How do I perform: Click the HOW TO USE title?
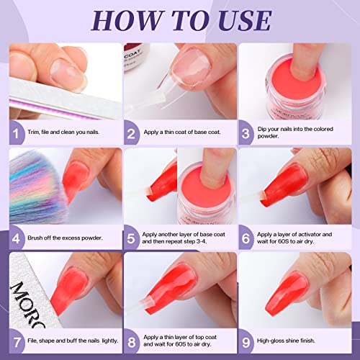coord(180,19)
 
